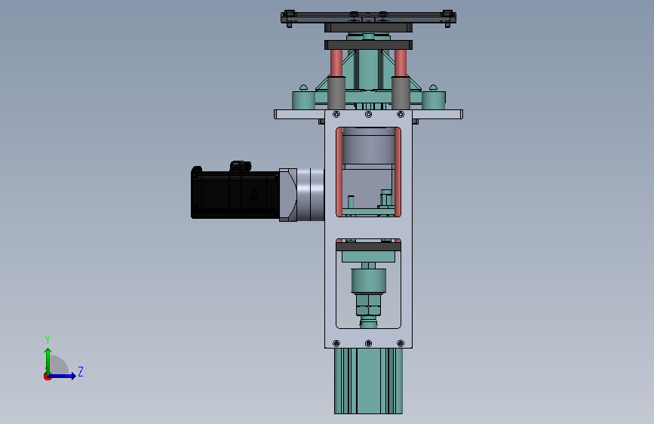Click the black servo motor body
(x=235, y=195)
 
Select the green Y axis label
(x=48, y=339)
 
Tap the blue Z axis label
(x=81, y=371)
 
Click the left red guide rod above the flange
(x=336, y=63)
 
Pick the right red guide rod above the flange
(x=401, y=63)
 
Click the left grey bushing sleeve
(x=336, y=93)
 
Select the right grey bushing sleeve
(x=401, y=93)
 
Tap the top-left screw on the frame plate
(x=336, y=115)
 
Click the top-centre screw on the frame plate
(x=368, y=115)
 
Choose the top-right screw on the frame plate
(x=401, y=115)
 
